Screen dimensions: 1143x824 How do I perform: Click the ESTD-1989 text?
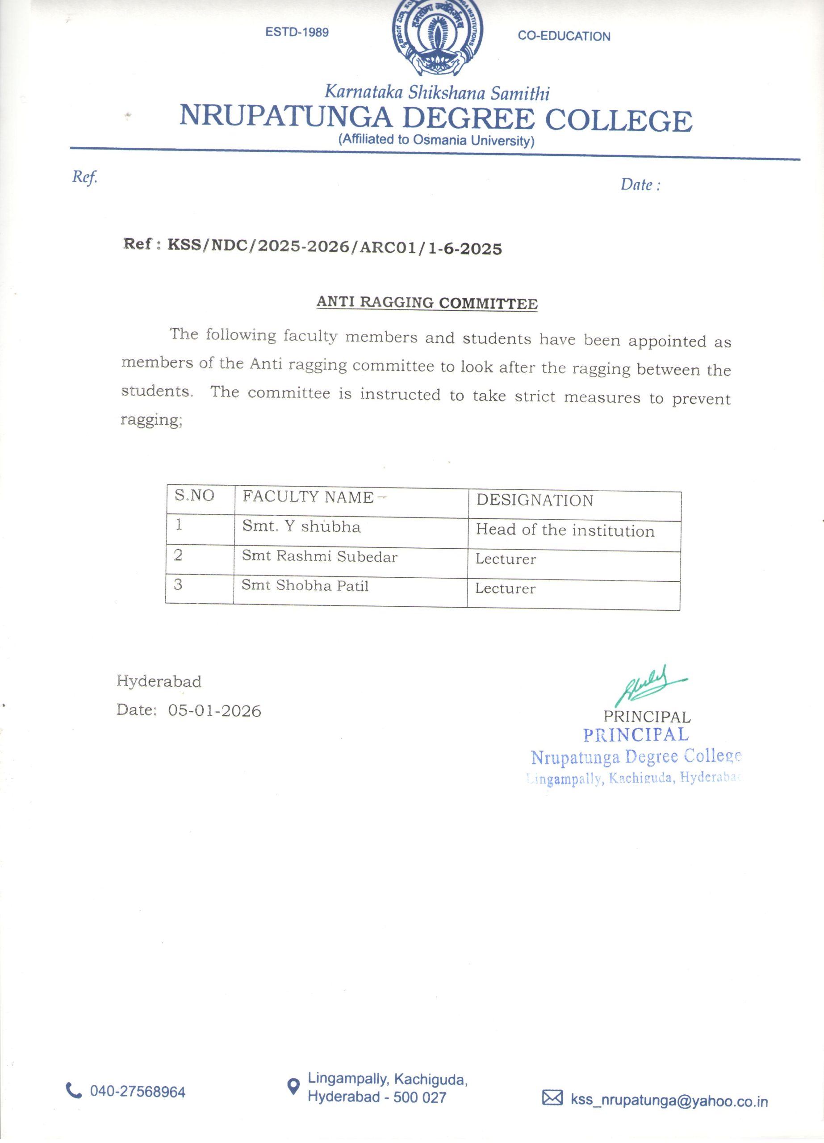297,32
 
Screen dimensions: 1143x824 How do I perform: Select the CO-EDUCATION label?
564,36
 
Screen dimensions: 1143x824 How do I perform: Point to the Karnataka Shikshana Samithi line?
436,93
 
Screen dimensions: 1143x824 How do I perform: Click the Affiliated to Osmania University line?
436,140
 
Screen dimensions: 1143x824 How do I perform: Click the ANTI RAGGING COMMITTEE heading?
427,303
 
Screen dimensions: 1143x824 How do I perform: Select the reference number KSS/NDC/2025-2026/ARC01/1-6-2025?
335,247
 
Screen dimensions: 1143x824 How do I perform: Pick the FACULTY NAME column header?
308,497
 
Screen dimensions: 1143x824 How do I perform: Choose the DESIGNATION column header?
535,501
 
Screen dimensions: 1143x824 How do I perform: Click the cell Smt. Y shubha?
301,527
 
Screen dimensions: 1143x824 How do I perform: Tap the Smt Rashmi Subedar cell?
319,556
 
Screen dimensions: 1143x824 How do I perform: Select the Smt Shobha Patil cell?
305,586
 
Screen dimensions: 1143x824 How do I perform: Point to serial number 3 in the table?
178,584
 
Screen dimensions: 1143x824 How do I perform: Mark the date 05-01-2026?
215,711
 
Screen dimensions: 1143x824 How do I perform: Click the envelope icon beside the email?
552,1097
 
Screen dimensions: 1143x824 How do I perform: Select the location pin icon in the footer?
292,1087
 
